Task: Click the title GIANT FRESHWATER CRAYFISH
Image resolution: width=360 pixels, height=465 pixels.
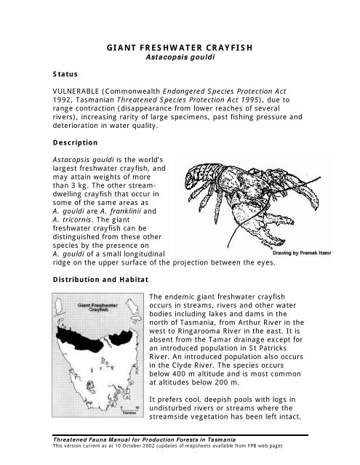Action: click(x=180, y=49)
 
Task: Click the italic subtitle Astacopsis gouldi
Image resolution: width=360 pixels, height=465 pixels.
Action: click(x=180, y=59)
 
